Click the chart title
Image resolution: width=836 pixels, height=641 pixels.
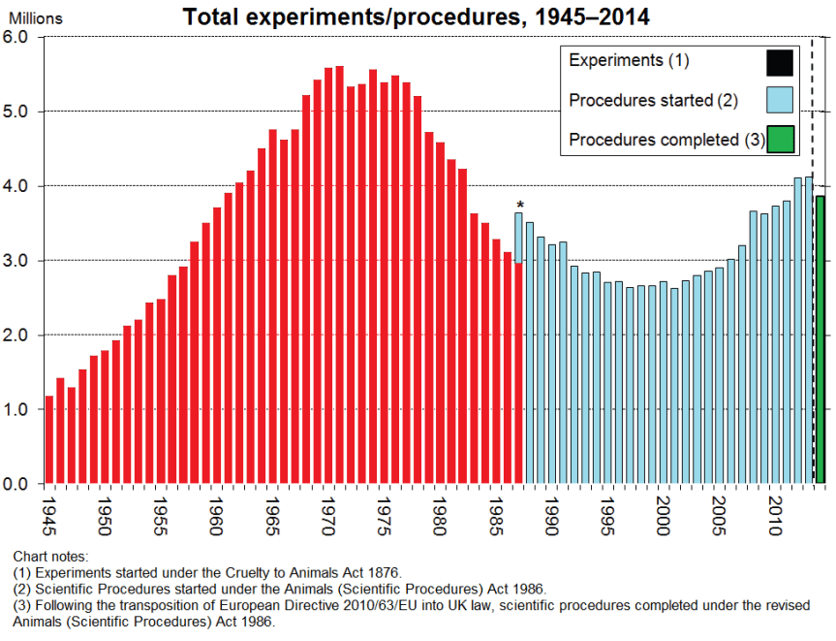click(417, 16)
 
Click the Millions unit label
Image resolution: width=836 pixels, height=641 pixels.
click(35, 18)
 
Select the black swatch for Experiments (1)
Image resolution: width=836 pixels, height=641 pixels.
click(780, 62)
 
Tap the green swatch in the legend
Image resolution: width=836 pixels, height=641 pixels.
click(780, 140)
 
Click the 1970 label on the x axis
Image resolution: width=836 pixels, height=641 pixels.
click(329, 512)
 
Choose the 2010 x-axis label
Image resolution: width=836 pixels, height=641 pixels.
click(775, 512)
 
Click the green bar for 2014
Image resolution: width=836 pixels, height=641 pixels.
click(821, 339)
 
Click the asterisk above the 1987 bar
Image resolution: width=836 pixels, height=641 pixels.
click(520, 205)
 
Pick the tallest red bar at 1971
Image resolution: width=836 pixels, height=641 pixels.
click(339, 274)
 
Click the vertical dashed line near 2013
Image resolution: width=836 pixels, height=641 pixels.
click(812, 291)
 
